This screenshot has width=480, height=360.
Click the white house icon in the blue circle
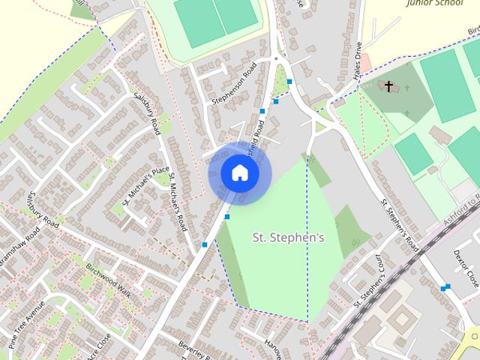click(x=239, y=172)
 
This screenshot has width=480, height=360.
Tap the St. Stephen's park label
click(x=287, y=238)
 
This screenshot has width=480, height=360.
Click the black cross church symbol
click(x=389, y=86)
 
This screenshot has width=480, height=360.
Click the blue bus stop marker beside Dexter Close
click(x=446, y=286)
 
